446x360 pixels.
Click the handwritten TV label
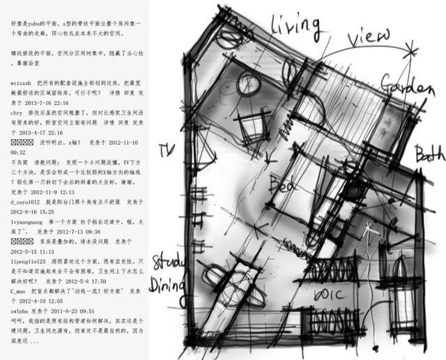tap(165, 151)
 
